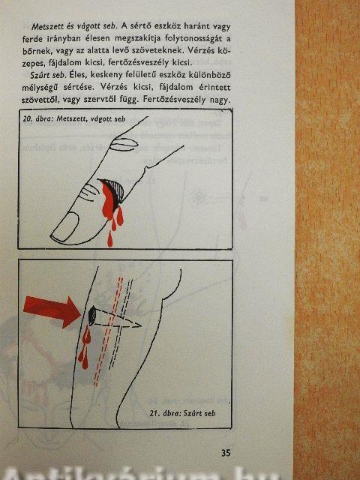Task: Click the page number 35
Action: point(226,453)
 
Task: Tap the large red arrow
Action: point(52,310)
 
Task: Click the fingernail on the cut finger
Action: point(65,226)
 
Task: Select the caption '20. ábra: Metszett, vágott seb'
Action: point(73,118)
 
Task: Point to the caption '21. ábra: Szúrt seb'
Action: point(182,413)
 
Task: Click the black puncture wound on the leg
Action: point(91,316)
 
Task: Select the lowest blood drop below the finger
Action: point(110,239)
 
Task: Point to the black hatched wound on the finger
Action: point(115,190)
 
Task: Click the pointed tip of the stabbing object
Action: point(140,325)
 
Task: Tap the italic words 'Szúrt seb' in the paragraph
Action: point(47,75)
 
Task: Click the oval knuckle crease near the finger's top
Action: point(123,145)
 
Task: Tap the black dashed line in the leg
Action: point(121,325)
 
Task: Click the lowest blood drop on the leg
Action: point(85,361)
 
